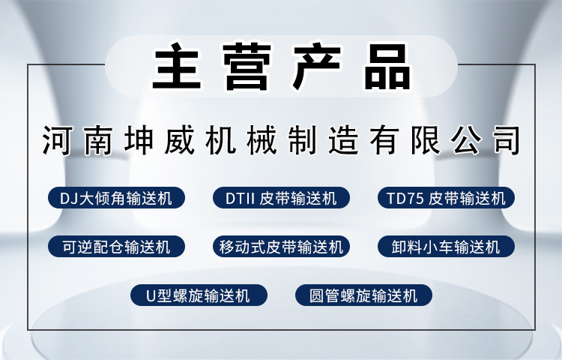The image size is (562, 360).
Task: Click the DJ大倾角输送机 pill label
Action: pos(115,199)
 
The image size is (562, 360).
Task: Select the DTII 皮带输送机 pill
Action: pos(281,199)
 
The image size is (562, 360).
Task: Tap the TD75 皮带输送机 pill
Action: pos(447,199)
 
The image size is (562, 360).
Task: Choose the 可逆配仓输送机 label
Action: pos(115,246)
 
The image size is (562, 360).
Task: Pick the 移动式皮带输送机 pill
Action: pos(281,246)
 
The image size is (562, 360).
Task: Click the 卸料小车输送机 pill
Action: pos(447,246)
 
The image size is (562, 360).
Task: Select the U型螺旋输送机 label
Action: pos(198,295)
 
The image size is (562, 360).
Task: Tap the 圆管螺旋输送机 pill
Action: pos(363,295)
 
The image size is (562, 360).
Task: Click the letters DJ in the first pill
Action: pos(68,199)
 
